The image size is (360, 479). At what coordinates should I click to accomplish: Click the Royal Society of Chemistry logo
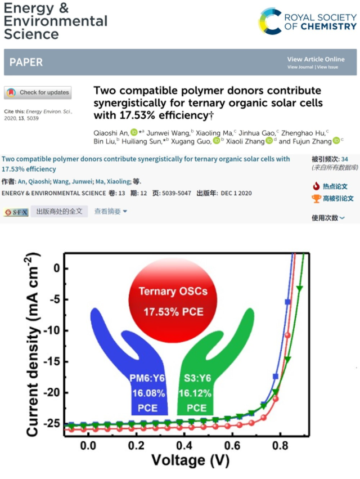pyautogui.click(x=307, y=21)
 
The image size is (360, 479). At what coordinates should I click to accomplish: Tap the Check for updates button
pyautogui.click(x=38, y=93)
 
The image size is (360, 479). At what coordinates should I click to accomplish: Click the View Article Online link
pyautogui.click(x=316, y=60)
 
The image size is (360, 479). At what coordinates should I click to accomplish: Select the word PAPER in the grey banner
pyautogui.click(x=26, y=62)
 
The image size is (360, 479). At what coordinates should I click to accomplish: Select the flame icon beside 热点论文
pyautogui.click(x=316, y=186)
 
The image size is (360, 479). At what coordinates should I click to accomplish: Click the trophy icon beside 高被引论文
pyautogui.click(x=316, y=198)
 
